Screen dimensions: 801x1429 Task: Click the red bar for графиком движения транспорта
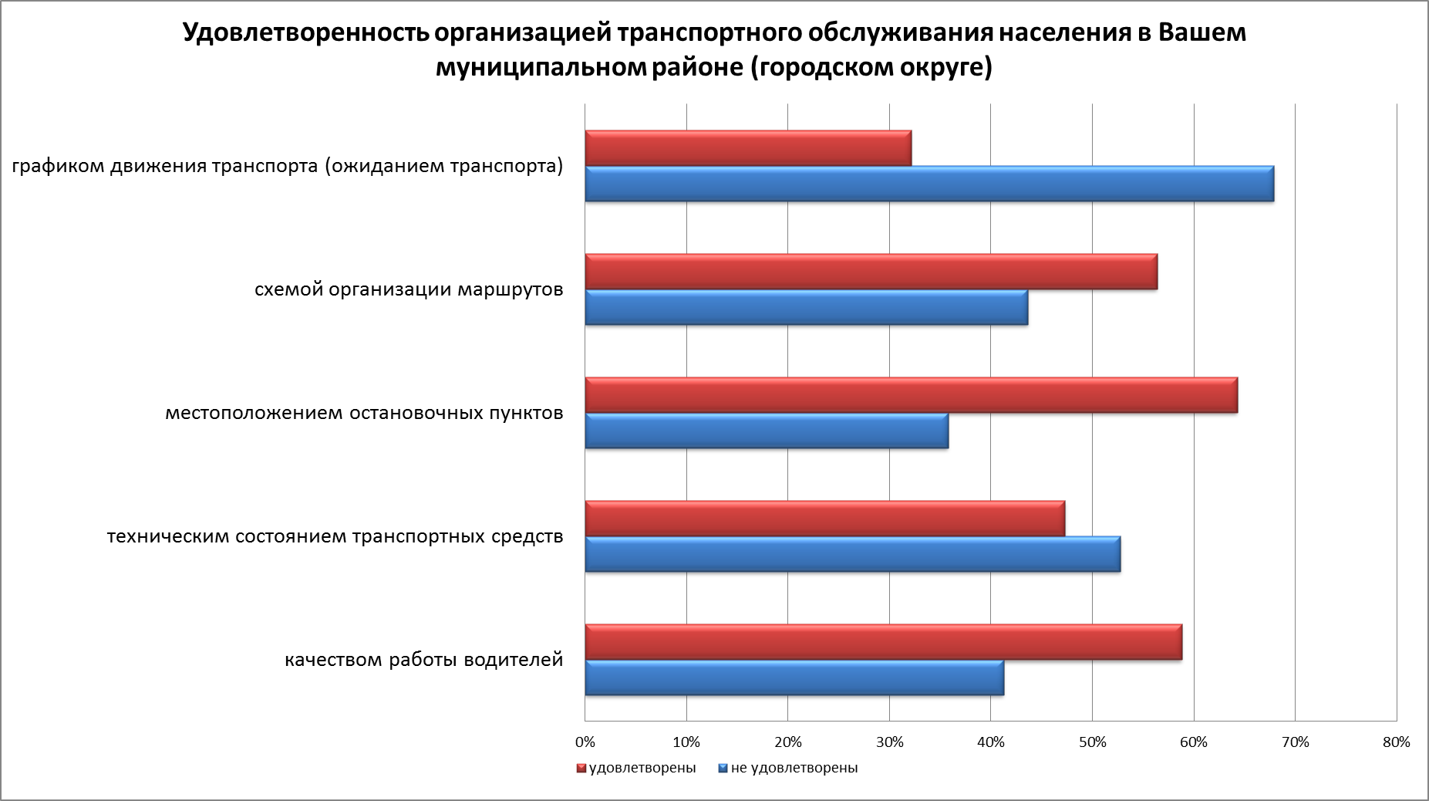point(748,148)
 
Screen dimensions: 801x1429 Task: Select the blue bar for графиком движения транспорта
point(929,184)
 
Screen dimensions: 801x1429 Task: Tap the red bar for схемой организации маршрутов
point(871,272)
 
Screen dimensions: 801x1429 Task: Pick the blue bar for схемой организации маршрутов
point(807,307)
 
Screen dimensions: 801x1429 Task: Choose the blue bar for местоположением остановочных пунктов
point(767,431)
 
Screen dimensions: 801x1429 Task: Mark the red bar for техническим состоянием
point(825,519)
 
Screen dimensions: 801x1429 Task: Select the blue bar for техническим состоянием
point(853,554)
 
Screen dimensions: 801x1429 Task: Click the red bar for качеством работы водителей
point(884,642)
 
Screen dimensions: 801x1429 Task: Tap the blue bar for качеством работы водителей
point(794,678)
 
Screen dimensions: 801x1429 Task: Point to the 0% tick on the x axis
point(585,742)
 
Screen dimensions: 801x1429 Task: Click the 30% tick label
point(889,742)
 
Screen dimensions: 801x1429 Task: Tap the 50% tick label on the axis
point(1092,742)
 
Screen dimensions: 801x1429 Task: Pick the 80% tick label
point(1396,742)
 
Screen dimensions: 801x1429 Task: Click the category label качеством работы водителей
point(424,660)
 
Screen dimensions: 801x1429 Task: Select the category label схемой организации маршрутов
point(409,290)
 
